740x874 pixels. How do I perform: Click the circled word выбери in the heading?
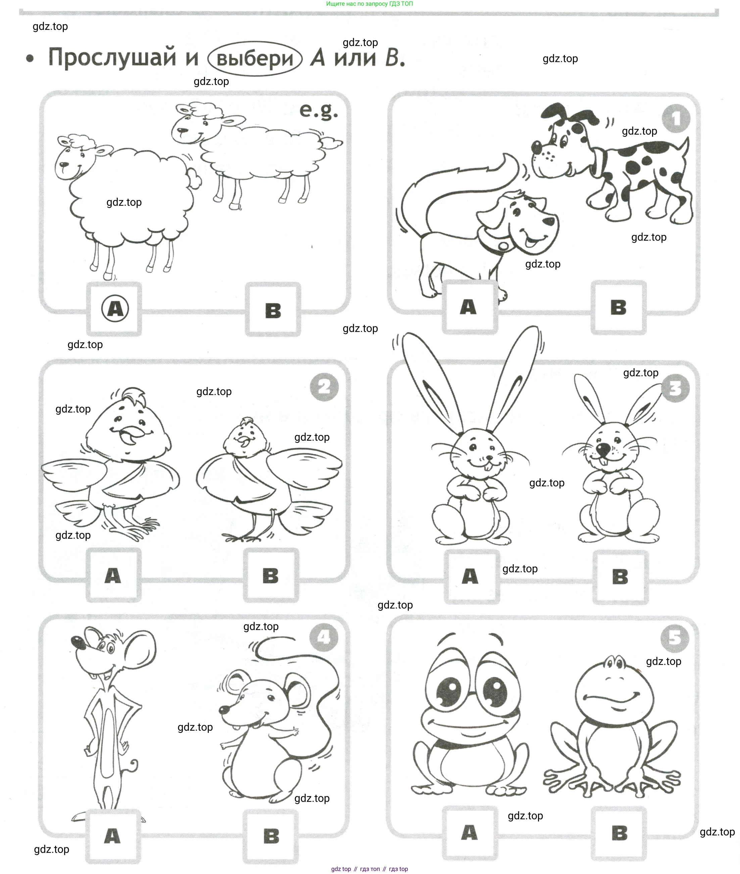pos(255,58)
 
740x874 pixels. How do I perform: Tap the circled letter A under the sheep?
pos(115,309)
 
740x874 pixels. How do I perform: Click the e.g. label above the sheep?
pos(319,111)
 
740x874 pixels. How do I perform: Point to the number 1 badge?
pos(676,119)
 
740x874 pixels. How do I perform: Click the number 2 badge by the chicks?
pos(324,387)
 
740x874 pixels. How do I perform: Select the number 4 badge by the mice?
pos(324,637)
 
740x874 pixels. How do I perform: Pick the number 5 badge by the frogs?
pos(675,638)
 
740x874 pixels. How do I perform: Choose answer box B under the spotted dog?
pos(618,307)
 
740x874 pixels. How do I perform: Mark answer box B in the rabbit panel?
pos(620,577)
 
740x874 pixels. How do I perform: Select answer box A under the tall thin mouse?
pos(112,836)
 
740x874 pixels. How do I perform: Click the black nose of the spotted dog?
pos(536,146)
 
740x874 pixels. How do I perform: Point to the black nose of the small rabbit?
pos(603,450)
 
